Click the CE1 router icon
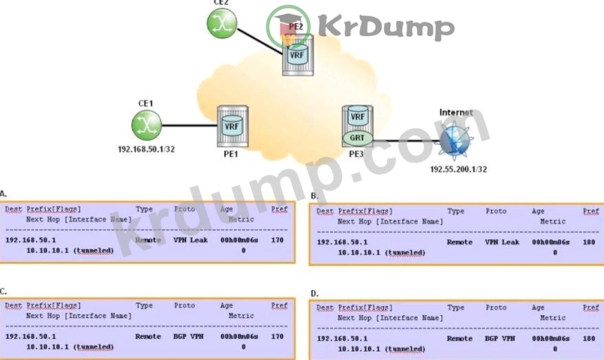(x=146, y=124)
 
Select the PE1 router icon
(x=231, y=125)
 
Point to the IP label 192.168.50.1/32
(x=146, y=150)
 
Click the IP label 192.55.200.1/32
(x=458, y=169)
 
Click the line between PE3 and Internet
(x=405, y=140)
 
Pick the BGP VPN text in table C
(x=190, y=337)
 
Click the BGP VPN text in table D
(x=501, y=338)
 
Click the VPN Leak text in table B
(x=502, y=242)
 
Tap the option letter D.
(x=314, y=292)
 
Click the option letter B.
(x=314, y=196)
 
